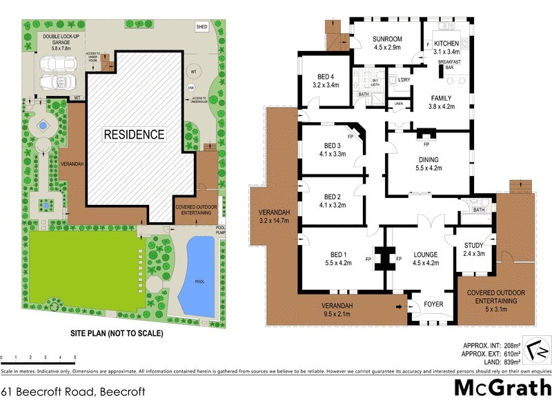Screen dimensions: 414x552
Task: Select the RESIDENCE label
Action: point(135,134)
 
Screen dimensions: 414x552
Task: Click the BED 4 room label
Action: point(326,81)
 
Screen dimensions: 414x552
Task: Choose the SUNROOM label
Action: point(387,43)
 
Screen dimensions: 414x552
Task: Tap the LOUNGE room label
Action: point(425,258)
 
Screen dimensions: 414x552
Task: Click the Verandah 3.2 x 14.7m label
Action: point(274,216)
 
